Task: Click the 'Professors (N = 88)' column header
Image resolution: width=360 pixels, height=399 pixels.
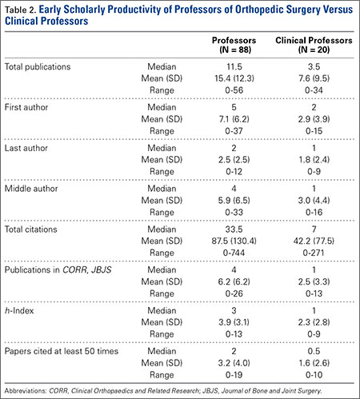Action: [234, 45]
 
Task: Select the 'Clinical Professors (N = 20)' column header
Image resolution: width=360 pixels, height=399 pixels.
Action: [314, 45]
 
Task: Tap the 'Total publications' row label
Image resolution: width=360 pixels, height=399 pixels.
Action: [38, 66]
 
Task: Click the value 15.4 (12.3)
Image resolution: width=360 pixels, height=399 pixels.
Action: [234, 78]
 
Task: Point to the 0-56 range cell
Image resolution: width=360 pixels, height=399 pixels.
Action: [234, 90]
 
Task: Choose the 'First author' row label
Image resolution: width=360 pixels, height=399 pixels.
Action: [26, 107]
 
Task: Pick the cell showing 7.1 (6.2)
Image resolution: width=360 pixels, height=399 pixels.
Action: [234, 119]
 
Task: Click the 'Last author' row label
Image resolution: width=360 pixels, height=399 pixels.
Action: [26, 148]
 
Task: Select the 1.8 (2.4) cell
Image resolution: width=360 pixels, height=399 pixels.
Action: [314, 160]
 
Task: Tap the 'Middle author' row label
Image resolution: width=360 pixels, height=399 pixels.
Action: [31, 189]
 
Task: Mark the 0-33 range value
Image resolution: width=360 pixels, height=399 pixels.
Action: [234, 212]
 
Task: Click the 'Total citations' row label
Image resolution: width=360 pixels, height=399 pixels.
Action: [31, 229]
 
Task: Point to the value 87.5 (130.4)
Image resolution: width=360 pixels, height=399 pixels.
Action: [234, 241]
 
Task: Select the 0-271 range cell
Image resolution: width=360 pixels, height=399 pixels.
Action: [314, 253]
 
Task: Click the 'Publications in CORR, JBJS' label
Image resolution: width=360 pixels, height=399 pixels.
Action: [58, 270]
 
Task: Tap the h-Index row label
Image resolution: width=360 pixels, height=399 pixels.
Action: [19, 310]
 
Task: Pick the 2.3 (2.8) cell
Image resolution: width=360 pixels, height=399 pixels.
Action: [314, 322]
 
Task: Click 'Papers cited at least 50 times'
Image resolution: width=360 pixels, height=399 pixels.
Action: [62, 351]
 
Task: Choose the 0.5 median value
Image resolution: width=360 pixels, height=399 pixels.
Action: [314, 351]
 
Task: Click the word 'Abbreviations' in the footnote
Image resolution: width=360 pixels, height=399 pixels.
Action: [26, 391]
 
